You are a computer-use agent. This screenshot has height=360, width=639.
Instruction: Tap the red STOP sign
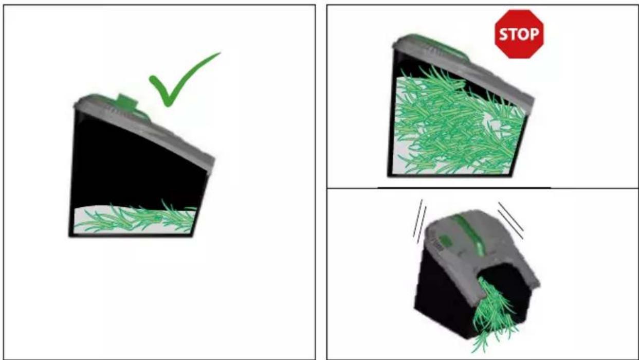point(519,34)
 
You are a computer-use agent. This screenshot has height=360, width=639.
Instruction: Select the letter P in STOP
point(534,34)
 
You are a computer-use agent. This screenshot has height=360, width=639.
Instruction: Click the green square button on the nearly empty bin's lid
point(126,102)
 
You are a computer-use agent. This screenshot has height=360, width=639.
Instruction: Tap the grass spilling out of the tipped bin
point(494,314)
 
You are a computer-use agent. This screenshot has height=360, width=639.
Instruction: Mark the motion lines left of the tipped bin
point(419,222)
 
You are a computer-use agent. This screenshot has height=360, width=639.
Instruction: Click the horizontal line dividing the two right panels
point(482,188)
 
